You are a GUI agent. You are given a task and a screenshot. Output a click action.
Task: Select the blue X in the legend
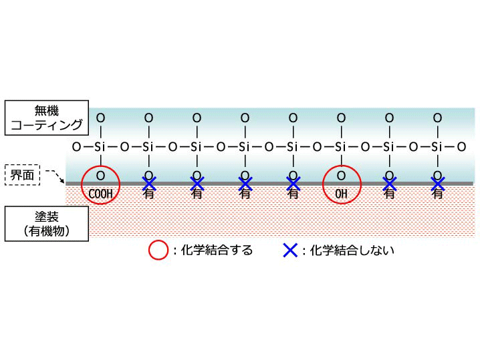pyautogui.click(x=289, y=250)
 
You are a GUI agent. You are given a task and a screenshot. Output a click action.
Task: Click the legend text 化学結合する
pyautogui.click(x=213, y=251)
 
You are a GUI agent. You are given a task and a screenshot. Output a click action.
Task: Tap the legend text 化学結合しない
pyautogui.click(x=348, y=251)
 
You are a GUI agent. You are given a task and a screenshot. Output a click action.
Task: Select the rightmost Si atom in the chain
pyautogui.click(x=437, y=146)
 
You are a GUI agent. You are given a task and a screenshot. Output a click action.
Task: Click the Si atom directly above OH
pyautogui.click(x=341, y=146)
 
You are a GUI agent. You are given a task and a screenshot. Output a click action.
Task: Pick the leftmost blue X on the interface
pyautogui.click(x=149, y=182)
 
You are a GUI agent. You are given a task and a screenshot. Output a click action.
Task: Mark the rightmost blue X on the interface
pyautogui.click(x=437, y=182)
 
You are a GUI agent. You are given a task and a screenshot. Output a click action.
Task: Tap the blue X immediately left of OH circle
pyautogui.click(x=293, y=182)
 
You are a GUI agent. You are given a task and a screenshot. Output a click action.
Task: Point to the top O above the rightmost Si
pyautogui.click(x=437, y=118)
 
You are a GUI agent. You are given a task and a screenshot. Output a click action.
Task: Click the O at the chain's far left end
pyautogui.click(x=76, y=146)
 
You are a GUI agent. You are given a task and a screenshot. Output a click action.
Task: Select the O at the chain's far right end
pyautogui.click(x=461, y=146)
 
